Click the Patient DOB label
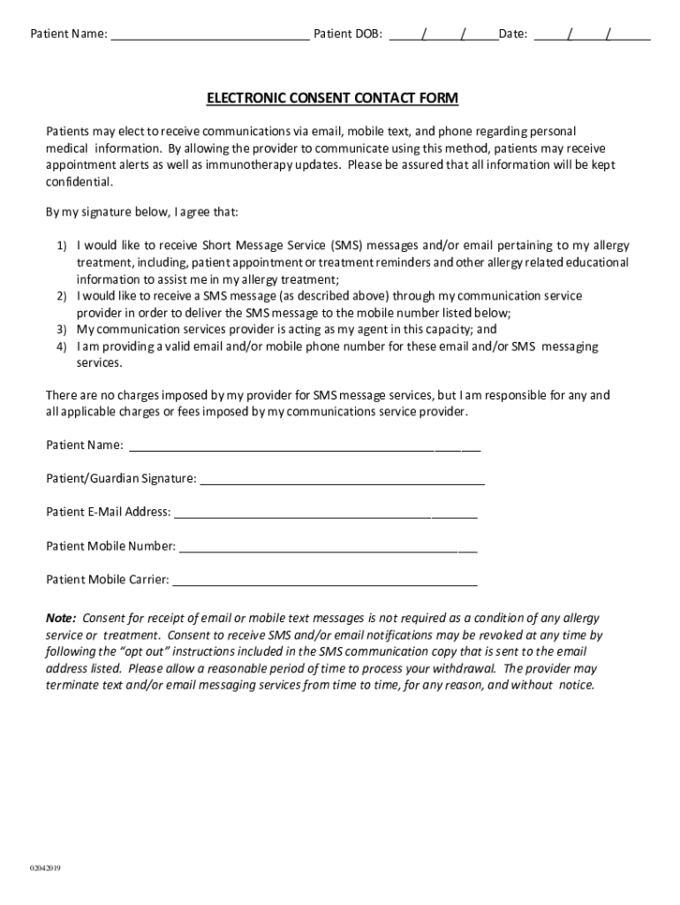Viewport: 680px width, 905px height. [x=349, y=34]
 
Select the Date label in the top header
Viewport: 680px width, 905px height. [x=513, y=34]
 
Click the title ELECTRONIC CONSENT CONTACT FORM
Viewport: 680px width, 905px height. [x=332, y=98]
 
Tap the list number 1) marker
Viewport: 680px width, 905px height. [x=63, y=246]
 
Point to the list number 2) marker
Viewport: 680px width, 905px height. [x=63, y=296]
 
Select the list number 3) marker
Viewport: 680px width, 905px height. [x=63, y=330]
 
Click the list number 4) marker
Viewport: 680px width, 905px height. [x=63, y=346]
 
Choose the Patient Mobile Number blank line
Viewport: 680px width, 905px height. [x=328, y=548]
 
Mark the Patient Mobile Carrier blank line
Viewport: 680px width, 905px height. [x=325, y=582]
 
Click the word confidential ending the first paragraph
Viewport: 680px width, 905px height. [x=79, y=182]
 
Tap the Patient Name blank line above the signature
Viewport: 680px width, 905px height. [x=304, y=447]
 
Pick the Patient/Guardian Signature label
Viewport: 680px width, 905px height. [x=121, y=479]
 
